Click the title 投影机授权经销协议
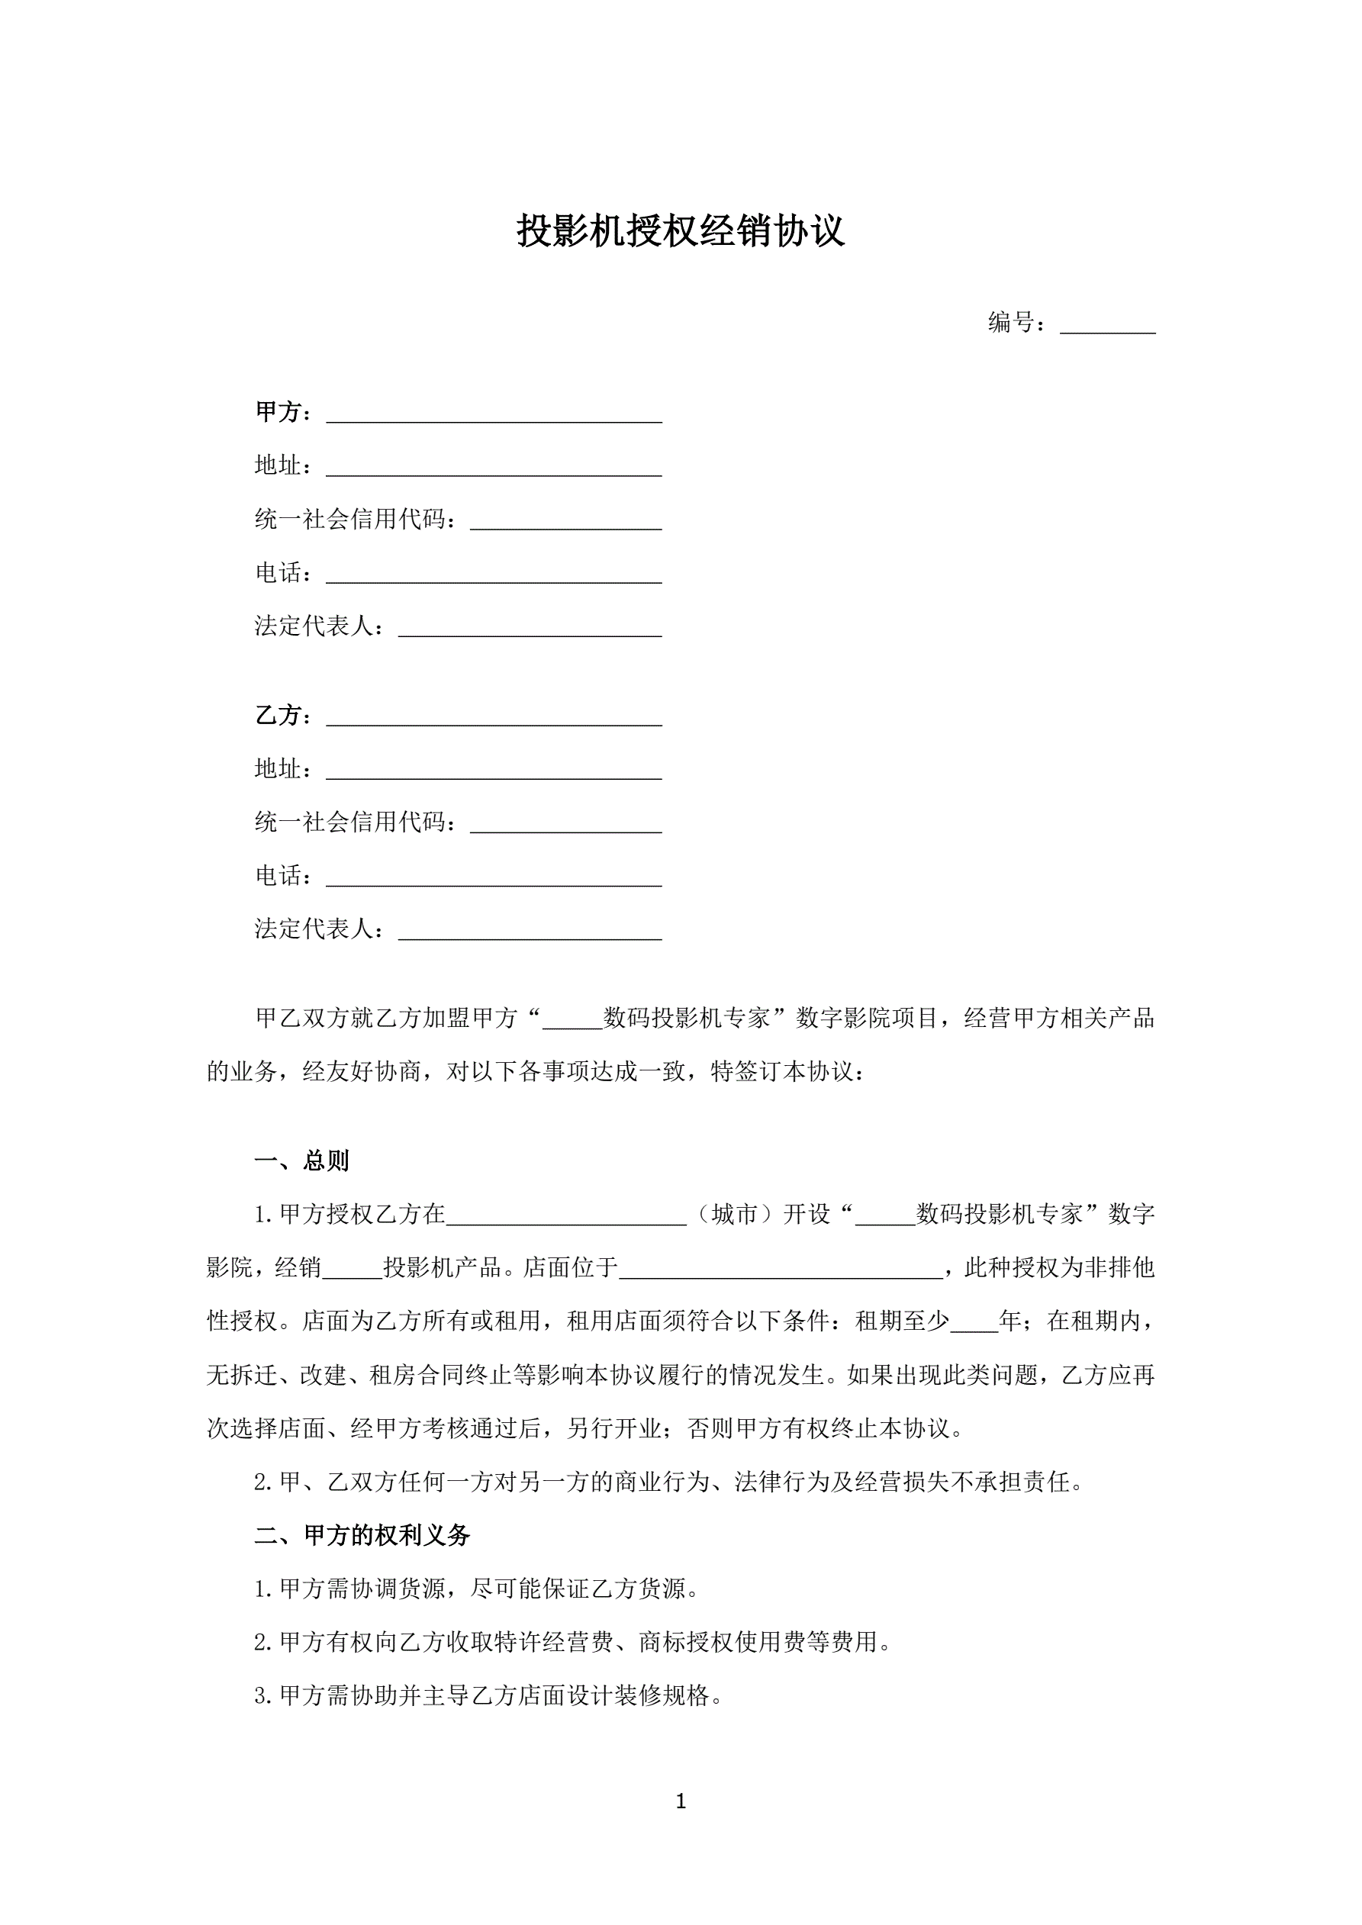(x=680, y=231)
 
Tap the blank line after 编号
(x=1107, y=324)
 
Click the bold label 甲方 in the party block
(x=278, y=412)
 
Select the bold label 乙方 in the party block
(x=278, y=715)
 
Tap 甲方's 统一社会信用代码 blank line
(x=566, y=523)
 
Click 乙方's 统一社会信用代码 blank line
(x=566, y=826)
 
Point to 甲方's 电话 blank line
(x=494, y=575)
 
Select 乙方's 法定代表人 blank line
(x=530, y=932)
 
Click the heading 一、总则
(x=302, y=1161)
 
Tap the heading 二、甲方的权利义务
(x=362, y=1535)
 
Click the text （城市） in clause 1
(x=735, y=1214)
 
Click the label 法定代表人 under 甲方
(x=314, y=626)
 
